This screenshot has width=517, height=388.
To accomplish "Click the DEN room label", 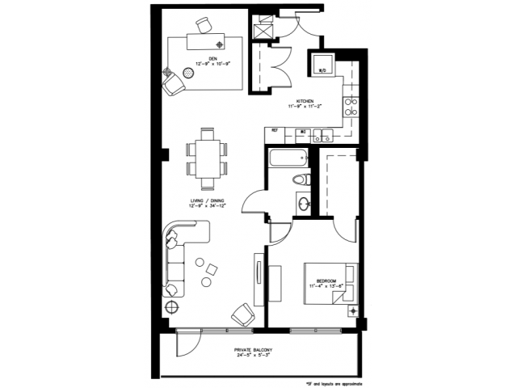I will (x=212, y=58).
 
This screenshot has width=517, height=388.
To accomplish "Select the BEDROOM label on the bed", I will (x=326, y=280).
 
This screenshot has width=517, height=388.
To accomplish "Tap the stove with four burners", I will (x=351, y=105).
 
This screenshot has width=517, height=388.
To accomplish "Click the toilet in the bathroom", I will (x=300, y=179).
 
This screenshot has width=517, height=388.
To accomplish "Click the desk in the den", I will (x=207, y=39).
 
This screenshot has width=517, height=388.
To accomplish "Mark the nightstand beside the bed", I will (x=352, y=310).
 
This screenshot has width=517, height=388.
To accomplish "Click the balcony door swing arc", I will (x=185, y=344).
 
